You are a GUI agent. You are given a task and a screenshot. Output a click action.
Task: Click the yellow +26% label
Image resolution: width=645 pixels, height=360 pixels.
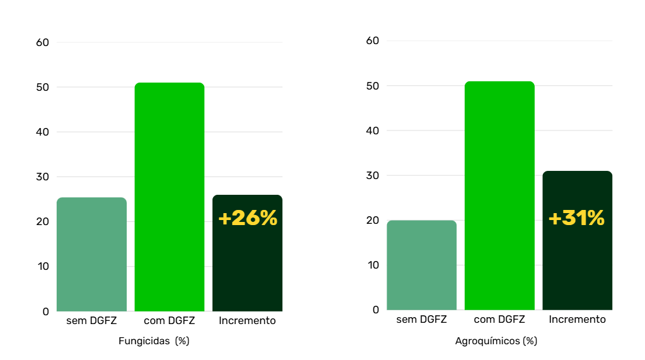pos(248,218)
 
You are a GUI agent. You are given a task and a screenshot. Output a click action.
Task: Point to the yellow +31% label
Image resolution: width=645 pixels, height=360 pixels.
pos(576,218)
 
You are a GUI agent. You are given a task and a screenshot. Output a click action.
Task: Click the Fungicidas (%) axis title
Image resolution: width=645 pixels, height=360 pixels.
pos(154,341)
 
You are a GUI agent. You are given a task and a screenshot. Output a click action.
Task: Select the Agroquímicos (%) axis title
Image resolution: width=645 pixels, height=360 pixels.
pos(496,341)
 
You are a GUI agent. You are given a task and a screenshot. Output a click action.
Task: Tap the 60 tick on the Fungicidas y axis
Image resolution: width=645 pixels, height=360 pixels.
pos(42,43)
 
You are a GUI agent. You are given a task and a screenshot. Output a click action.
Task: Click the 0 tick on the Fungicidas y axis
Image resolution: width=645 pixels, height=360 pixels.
pos(45,311)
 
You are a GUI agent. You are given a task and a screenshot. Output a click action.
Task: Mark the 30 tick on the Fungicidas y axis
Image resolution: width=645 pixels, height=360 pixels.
pos(42,177)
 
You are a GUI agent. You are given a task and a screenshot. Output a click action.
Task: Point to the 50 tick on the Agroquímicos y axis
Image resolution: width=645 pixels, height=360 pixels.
pos(373,86)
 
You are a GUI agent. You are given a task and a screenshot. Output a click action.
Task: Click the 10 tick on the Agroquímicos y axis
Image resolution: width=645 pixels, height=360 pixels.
pos(373,265)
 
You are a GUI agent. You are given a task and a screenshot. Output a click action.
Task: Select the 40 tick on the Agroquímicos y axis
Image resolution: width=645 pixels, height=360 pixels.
pos(373,131)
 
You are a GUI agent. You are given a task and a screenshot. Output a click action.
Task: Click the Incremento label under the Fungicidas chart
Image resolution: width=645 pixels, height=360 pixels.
pos(247,320)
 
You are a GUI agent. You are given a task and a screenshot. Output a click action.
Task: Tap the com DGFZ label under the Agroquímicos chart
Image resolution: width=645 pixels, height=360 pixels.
pos(499,319)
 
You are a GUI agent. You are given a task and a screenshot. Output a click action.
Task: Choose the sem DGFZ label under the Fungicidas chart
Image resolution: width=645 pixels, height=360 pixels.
pos(91,320)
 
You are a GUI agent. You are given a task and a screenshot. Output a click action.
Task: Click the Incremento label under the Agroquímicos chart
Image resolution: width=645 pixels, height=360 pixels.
pos(577,319)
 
